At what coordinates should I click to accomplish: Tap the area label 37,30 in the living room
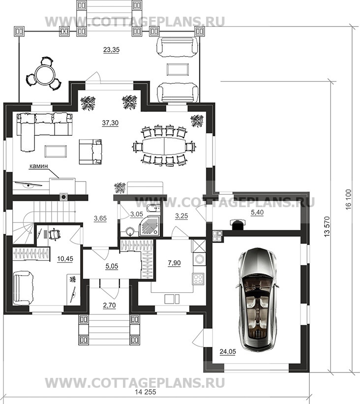(110, 123)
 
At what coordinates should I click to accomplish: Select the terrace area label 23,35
(111, 50)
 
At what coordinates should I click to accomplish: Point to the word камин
(39, 166)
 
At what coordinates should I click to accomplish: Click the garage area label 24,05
(228, 351)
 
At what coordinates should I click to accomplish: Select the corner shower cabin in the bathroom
(150, 226)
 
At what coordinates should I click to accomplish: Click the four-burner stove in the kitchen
(198, 280)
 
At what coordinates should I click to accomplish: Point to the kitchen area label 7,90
(174, 263)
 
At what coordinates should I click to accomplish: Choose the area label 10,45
(65, 258)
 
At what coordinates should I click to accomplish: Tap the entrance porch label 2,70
(109, 305)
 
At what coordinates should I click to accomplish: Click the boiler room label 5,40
(257, 213)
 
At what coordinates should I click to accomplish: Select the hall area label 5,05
(112, 266)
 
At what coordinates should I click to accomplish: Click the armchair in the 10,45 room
(23, 288)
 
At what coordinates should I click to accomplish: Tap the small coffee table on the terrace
(178, 69)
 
